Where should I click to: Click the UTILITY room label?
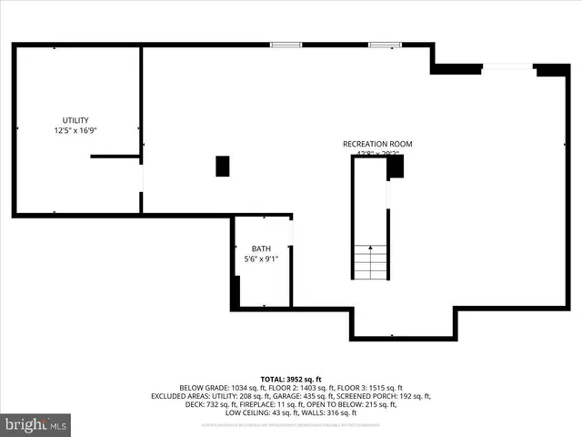pos(75,120)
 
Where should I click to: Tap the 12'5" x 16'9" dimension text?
pos(75,131)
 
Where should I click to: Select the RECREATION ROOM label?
pos(377,144)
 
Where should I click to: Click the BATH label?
pos(262,249)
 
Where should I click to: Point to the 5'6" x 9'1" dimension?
pos(262,259)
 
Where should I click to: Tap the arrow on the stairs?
pos(370,249)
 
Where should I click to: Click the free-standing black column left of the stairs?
pos(223,166)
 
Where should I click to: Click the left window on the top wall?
pos(286,43)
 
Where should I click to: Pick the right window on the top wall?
pos(384,43)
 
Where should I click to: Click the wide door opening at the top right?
pos(507,66)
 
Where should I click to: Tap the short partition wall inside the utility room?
pos(115,157)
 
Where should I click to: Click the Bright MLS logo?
pos(36,424)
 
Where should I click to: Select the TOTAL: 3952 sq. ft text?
pos(291,379)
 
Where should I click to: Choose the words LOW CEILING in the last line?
pos(256,412)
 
